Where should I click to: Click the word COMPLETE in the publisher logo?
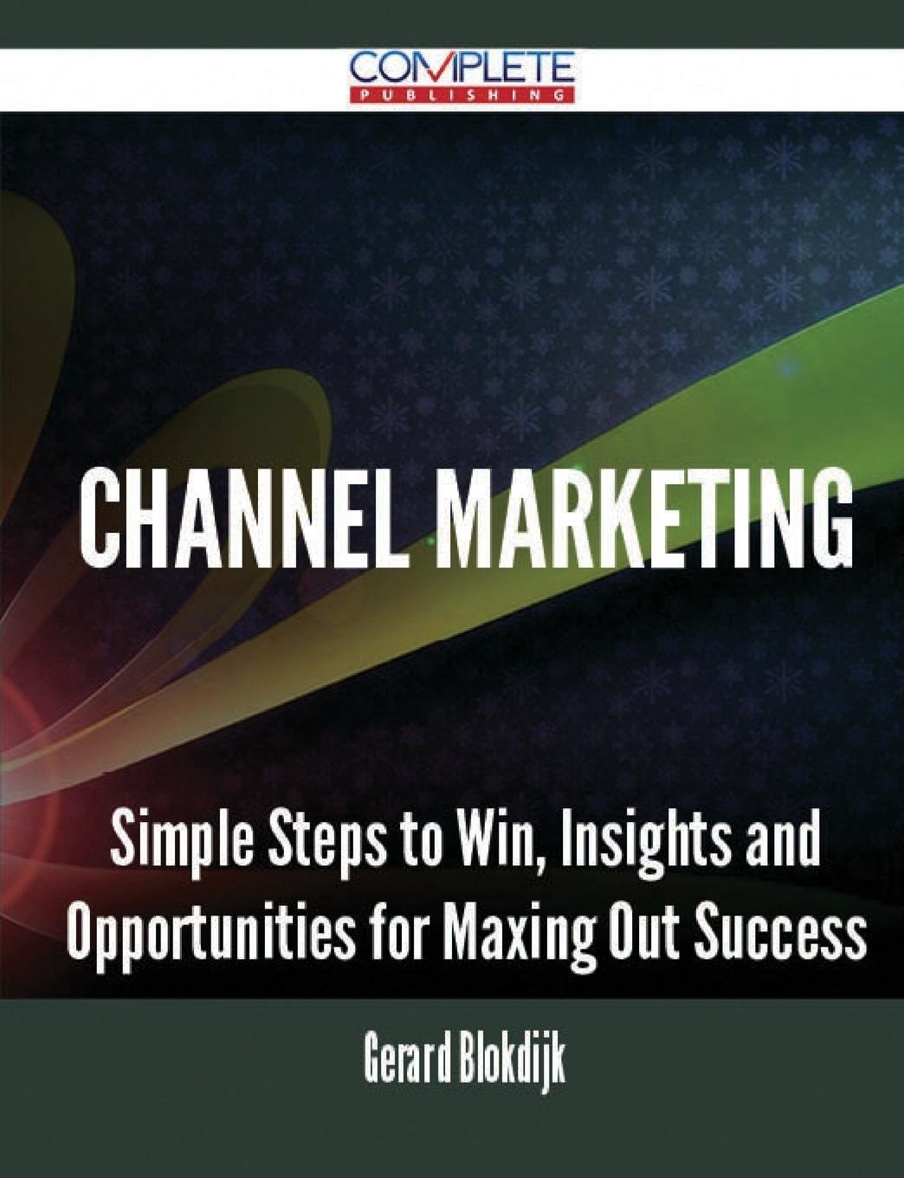pos(462,68)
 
